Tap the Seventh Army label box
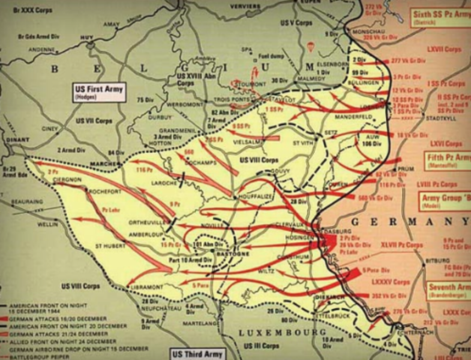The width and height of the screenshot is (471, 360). tap(448, 292)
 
